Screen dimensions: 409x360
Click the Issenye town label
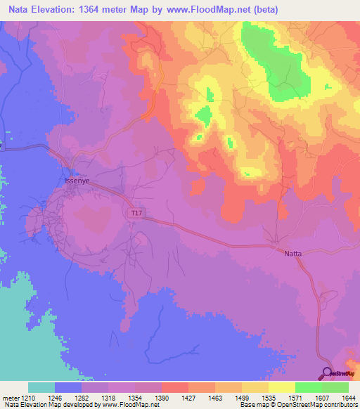(x=77, y=181)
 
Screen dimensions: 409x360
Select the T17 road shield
(x=136, y=212)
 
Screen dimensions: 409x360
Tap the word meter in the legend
(x=11, y=398)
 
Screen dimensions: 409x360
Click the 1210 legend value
(x=29, y=398)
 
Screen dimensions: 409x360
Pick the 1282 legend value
(x=82, y=398)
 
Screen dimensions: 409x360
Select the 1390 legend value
(x=162, y=398)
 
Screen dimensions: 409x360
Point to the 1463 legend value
(x=215, y=398)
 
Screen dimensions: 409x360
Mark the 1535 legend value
(x=269, y=398)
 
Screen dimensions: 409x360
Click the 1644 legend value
(x=348, y=398)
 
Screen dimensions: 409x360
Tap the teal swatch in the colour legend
(x=41, y=387)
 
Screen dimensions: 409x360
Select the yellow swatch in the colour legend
(x=282, y=387)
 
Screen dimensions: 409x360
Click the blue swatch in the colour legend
(x=68, y=387)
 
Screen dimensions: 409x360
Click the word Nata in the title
(x=15, y=10)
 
